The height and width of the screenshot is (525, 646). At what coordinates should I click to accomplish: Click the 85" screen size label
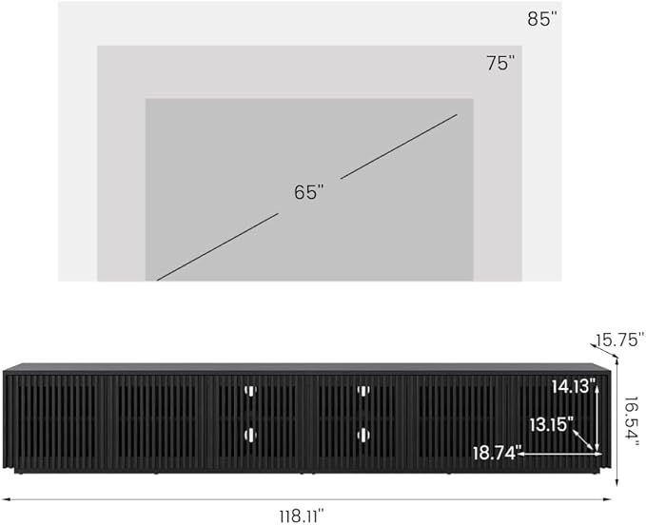(x=541, y=19)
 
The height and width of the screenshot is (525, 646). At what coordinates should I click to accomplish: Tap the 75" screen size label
(x=500, y=63)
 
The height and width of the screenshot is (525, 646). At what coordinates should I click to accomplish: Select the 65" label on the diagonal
(x=309, y=192)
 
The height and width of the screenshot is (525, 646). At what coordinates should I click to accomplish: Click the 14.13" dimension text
(x=574, y=387)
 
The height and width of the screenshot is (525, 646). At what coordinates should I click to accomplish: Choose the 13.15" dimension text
(x=551, y=424)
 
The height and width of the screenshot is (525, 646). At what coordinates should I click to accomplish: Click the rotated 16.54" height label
(x=631, y=418)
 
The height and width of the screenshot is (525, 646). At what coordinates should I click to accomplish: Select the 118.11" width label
(x=302, y=515)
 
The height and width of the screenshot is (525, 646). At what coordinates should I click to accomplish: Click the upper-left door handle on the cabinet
(x=250, y=390)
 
